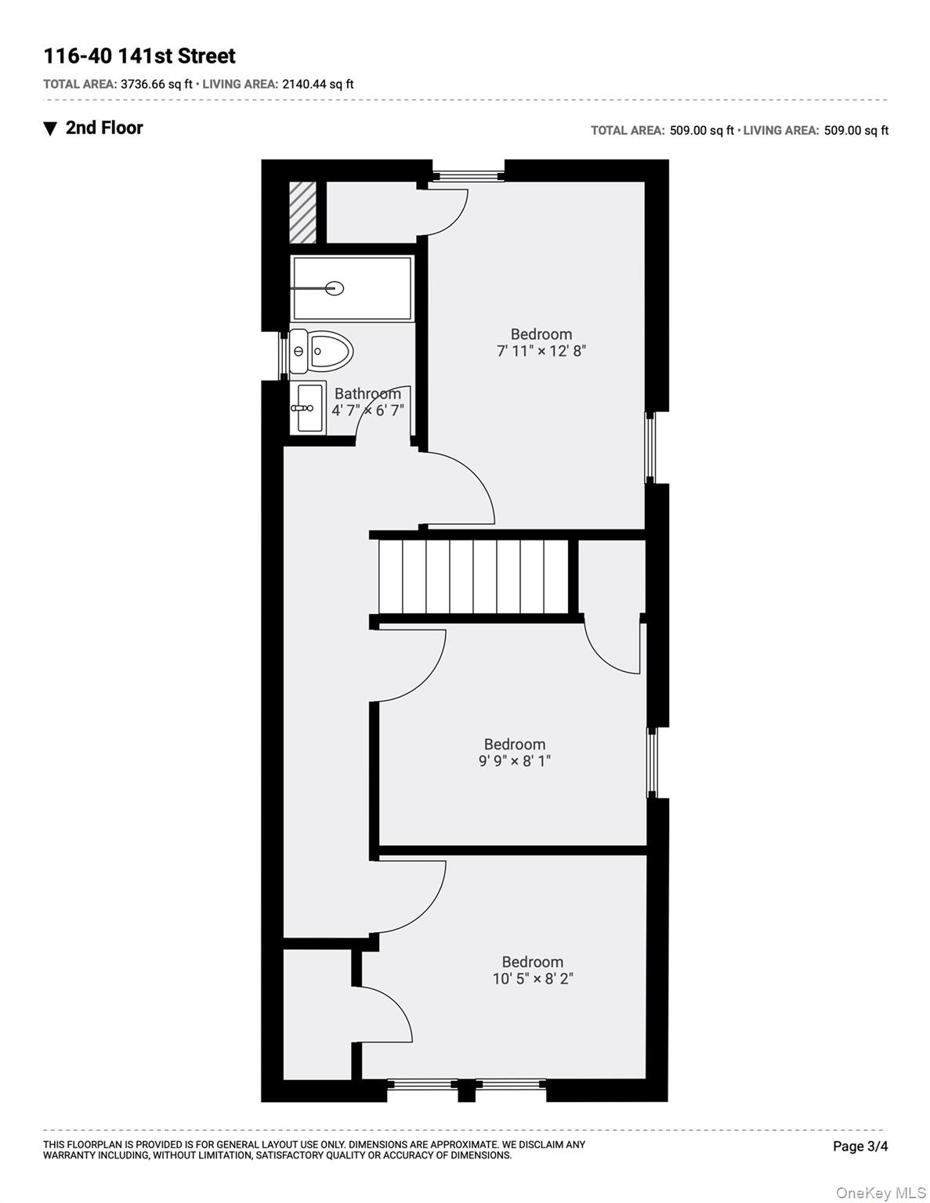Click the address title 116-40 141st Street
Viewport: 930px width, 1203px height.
click(139, 56)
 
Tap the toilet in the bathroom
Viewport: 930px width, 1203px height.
click(321, 351)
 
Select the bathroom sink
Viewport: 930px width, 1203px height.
click(308, 408)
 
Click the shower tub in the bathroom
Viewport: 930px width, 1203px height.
click(353, 288)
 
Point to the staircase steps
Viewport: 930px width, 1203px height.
click(473, 576)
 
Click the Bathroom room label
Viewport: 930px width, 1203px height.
click(367, 394)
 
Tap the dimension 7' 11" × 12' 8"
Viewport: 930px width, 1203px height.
click(541, 351)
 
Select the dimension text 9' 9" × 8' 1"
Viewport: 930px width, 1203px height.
click(515, 760)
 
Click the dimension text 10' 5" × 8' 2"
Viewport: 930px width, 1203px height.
click(533, 978)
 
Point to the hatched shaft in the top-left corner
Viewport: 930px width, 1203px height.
click(302, 212)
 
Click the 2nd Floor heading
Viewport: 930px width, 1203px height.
click(104, 128)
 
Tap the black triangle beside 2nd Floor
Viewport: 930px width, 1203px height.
click(50, 129)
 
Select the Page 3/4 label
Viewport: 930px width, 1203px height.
click(860, 1146)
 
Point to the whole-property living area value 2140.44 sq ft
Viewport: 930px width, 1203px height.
click(318, 84)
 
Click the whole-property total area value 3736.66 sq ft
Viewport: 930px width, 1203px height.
click(157, 84)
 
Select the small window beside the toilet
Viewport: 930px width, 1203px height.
click(284, 356)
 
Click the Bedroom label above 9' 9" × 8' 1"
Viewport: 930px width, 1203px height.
click(515, 744)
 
